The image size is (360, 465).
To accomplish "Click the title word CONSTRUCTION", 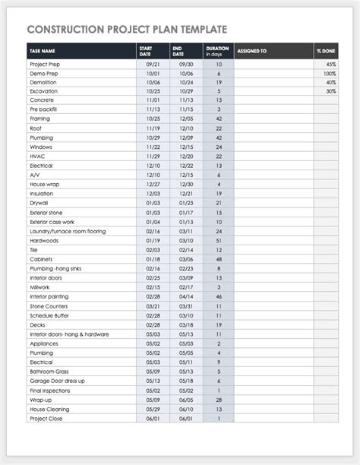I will point(63,30).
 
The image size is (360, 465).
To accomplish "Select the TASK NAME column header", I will point(42,52).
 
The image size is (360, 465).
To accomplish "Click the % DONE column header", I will point(327,52).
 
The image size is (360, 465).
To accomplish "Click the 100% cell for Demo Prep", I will point(330,74).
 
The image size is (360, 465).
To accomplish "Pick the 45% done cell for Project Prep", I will point(331,65).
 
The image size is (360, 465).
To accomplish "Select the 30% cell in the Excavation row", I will point(331,91).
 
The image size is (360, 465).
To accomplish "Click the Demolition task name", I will point(43,82).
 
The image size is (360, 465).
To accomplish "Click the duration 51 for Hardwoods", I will point(219,240).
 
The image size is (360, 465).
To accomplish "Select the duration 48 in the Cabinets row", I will point(219,258).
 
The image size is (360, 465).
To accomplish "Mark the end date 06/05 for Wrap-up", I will point(186,399).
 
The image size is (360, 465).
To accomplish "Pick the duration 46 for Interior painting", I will point(219,296).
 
